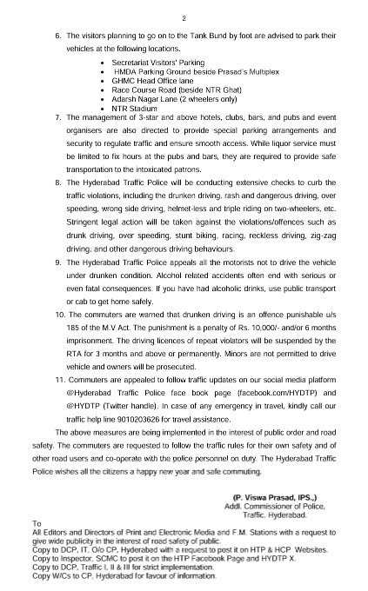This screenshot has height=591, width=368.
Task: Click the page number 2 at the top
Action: (x=184, y=17)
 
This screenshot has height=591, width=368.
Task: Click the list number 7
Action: (x=57, y=116)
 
